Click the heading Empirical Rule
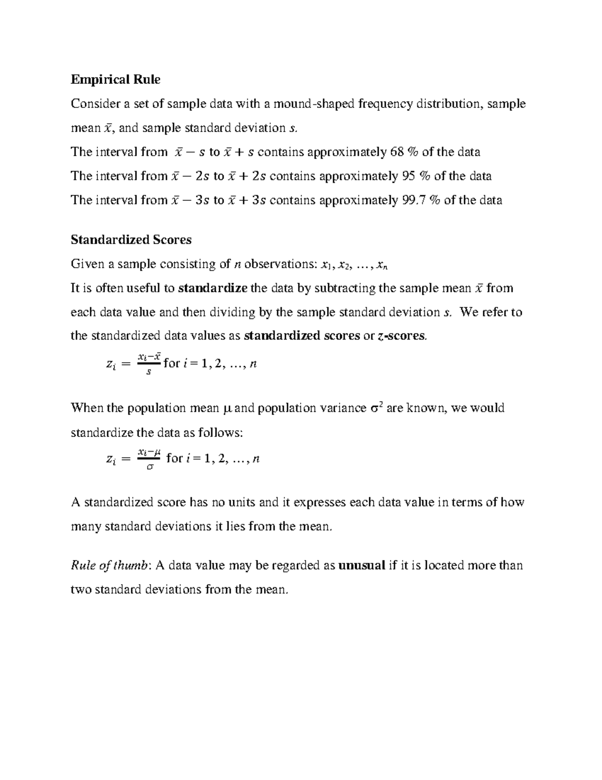(115, 79)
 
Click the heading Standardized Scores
(131, 240)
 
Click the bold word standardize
(213, 288)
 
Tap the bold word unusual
(362, 566)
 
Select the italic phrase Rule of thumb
(110, 566)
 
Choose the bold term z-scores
(401, 336)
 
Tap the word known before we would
(425, 408)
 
